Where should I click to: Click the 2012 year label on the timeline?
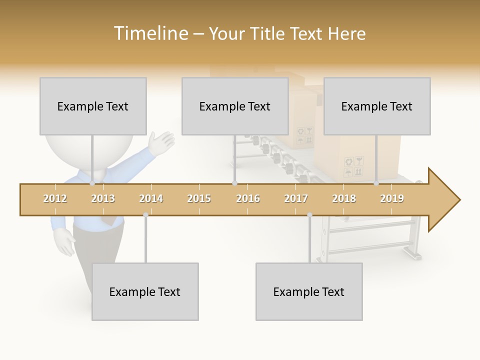point(55,199)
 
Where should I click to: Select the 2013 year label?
point(103,199)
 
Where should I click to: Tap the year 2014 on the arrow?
point(151,199)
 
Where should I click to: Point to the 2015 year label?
point(199,199)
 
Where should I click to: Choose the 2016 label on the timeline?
point(248,199)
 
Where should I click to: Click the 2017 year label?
point(296,199)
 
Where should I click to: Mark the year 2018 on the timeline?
point(344,199)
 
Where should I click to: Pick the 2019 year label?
point(392,199)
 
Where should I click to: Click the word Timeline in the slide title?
point(150,33)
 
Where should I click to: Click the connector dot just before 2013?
point(92,183)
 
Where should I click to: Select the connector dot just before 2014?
point(145,215)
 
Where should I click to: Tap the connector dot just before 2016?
point(234,183)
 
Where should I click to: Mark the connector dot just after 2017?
point(309,215)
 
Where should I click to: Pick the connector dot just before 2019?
point(376,183)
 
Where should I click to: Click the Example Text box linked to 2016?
point(235,106)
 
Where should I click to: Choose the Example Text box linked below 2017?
point(309,292)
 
